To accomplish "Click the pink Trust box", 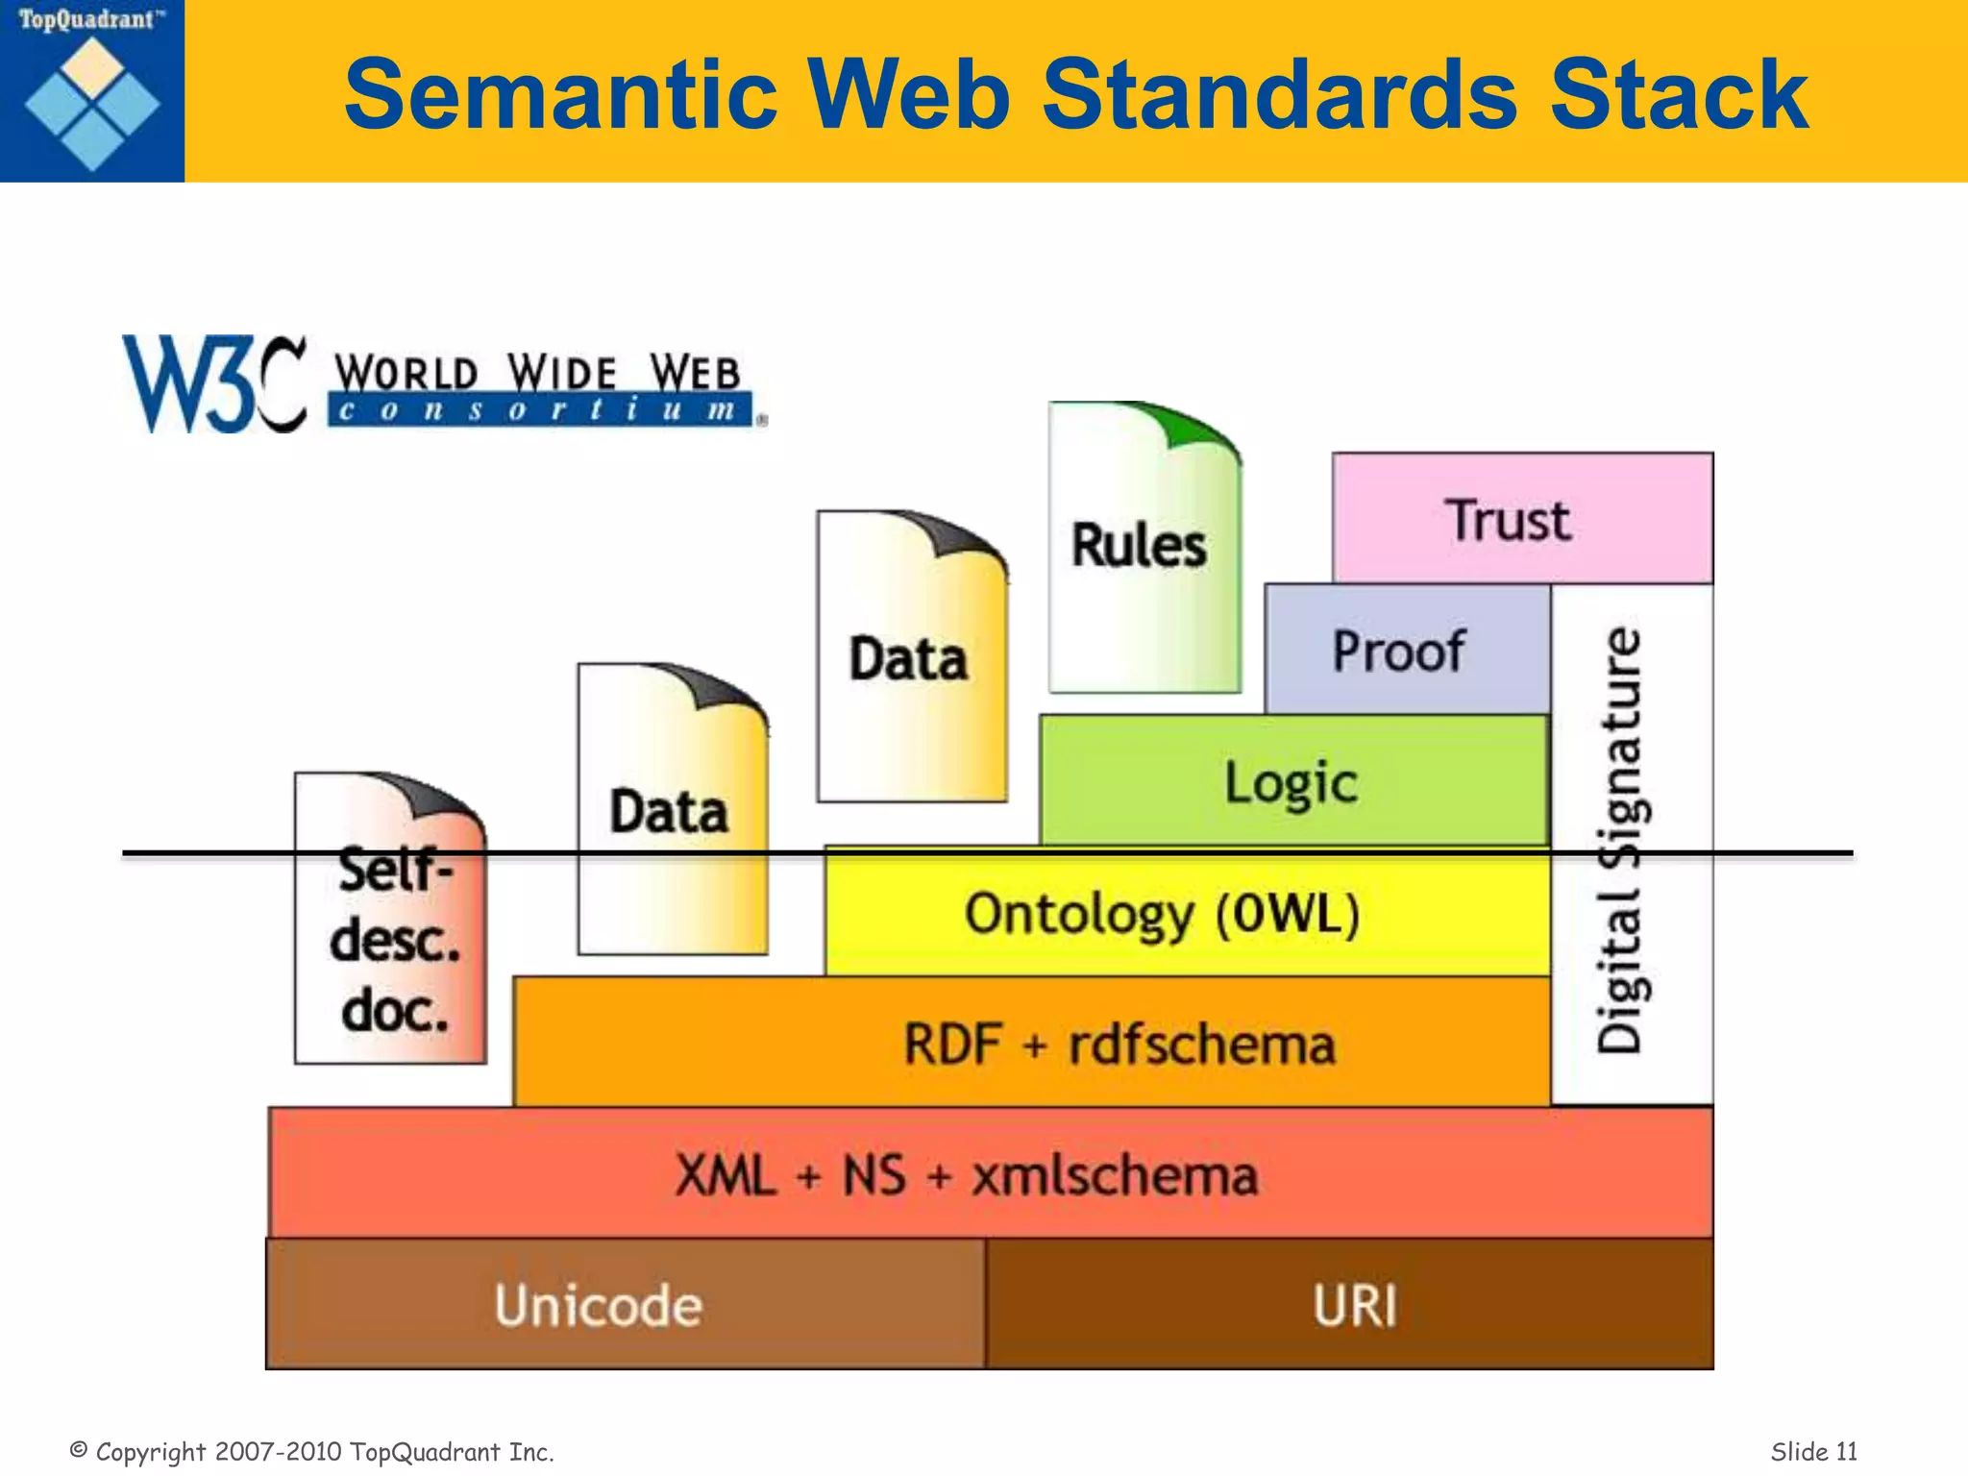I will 1522,519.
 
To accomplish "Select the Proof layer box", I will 1406,650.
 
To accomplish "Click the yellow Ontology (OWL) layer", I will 1163,914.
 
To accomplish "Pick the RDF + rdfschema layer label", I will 1119,1045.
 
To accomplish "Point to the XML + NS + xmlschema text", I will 966,1175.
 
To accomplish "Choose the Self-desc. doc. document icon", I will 392,937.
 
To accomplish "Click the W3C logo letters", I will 213,384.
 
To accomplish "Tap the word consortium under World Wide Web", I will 538,411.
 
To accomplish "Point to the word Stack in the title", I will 1679,94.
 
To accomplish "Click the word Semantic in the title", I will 560,94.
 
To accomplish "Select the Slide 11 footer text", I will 1813,1451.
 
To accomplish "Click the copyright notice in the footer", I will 312,1451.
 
